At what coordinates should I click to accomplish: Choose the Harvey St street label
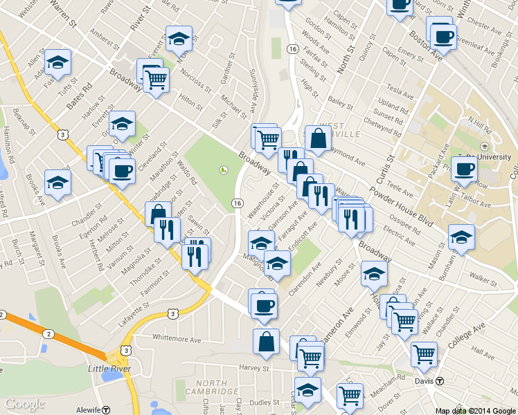(253, 367)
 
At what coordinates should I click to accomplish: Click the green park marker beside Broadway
(224, 169)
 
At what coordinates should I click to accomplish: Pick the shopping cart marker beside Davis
(424, 354)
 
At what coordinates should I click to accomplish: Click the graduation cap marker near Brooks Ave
(57, 183)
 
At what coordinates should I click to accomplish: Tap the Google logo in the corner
(24, 404)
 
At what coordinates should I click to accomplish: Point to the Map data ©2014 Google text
(475, 411)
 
